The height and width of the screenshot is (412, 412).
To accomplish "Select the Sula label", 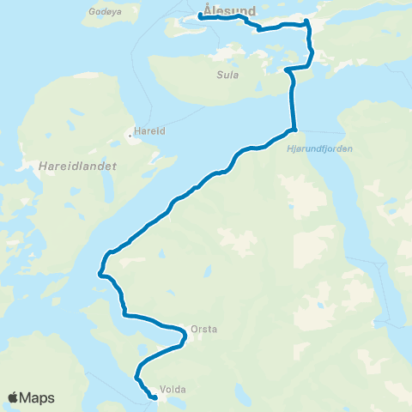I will click(x=226, y=75).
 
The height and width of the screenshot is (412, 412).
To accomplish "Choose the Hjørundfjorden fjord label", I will click(x=317, y=148).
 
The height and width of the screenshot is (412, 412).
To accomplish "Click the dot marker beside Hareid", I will click(x=130, y=134).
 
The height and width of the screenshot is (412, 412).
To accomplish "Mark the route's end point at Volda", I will click(x=154, y=397).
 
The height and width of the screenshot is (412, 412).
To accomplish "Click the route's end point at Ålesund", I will click(x=199, y=15).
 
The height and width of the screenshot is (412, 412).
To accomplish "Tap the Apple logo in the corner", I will click(x=14, y=397).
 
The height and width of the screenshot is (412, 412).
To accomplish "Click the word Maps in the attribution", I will click(x=38, y=397).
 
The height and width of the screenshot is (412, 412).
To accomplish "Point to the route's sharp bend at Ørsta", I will click(x=185, y=339).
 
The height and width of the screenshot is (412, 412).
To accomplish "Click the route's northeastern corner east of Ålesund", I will click(x=307, y=24).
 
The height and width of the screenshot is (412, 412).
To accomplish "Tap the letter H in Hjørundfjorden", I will click(x=283, y=148).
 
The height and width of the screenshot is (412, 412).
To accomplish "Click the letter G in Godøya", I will click(x=92, y=13).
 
